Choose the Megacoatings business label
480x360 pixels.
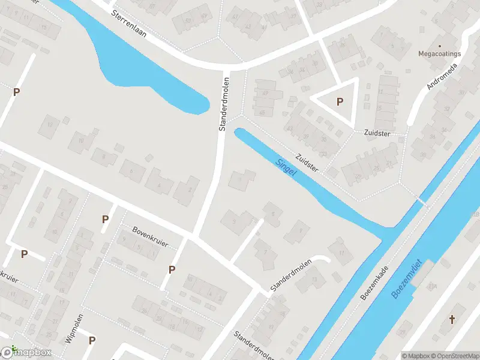point(440,54)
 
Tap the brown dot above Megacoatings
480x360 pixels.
point(440,46)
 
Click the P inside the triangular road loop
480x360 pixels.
point(340,102)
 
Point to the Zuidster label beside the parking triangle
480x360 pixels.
point(376,133)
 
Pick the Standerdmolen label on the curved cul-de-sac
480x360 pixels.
point(291,277)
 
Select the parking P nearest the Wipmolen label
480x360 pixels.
point(92,341)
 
